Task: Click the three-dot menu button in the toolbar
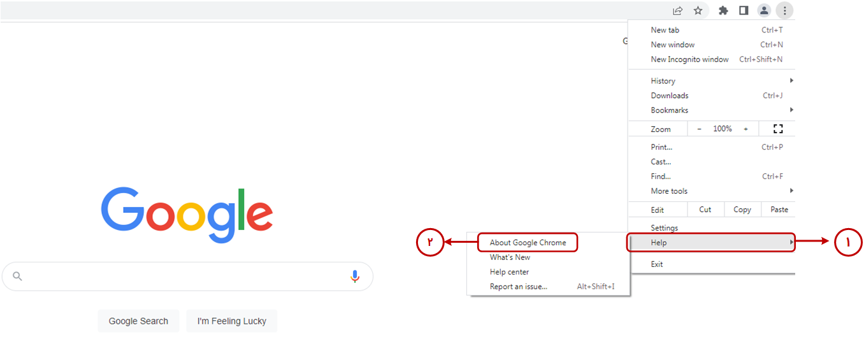click(784, 10)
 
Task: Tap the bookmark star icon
click(698, 10)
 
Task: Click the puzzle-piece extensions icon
click(723, 10)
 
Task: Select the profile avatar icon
click(764, 10)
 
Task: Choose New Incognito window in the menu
click(689, 59)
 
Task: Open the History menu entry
click(663, 81)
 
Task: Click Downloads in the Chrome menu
click(670, 96)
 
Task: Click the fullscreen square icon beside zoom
click(778, 129)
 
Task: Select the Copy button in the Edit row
click(742, 210)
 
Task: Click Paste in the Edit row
click(779, 210)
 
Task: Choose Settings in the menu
click(664, 228)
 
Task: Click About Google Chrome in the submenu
click(528, 243)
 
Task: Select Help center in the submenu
click(509, 272)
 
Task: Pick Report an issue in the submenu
click(519, 287)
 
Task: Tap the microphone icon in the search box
click(355, 277)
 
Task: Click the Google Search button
click(138, 321)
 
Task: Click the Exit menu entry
click(657, 264)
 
